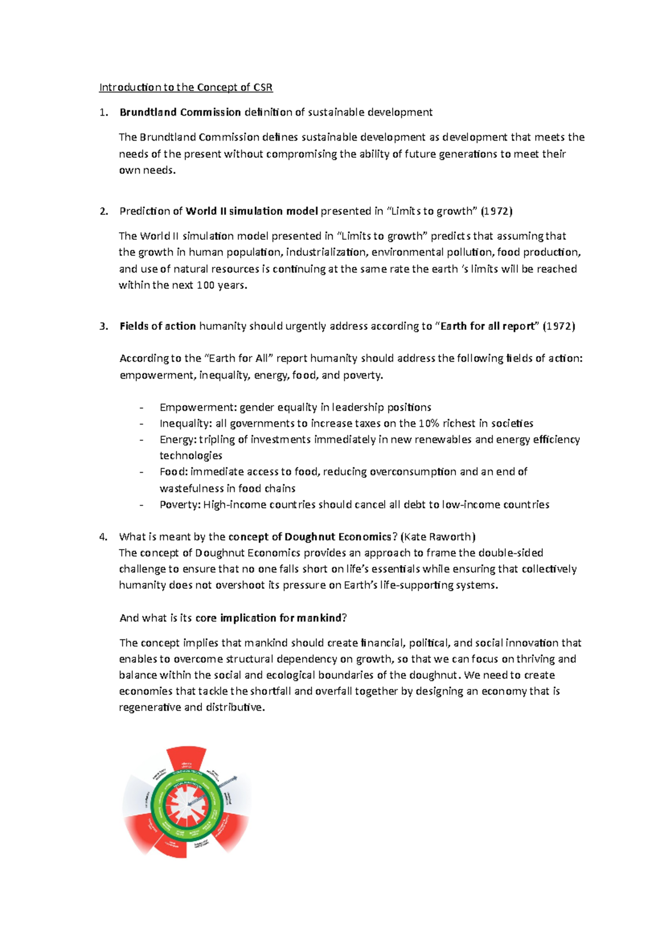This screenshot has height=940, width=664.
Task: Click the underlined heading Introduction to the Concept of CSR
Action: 186,87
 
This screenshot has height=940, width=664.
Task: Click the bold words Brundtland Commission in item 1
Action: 180,112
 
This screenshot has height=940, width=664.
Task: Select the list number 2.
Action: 103,211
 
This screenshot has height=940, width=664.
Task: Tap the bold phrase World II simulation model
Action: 252,211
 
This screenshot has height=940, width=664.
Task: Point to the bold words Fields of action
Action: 158,327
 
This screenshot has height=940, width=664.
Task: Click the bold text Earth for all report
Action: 487,327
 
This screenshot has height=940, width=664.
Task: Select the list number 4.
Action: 103,537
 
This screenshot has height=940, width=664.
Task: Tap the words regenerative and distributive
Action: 191,707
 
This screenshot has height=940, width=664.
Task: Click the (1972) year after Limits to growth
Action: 496,211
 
